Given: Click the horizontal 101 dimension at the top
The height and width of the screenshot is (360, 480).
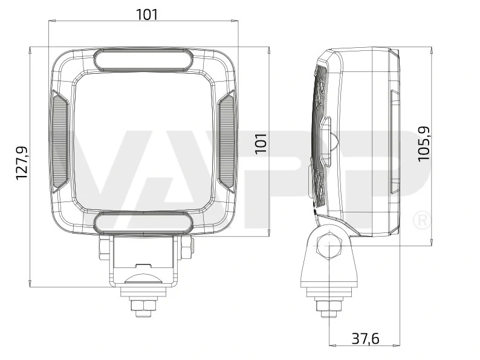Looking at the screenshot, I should tap(146, 14).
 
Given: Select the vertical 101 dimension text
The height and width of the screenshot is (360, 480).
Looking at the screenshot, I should tap(261, 143).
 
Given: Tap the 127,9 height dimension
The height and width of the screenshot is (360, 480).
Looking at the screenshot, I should tap(22, 162).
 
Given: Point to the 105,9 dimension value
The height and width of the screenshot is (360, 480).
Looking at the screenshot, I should tap(424, 143).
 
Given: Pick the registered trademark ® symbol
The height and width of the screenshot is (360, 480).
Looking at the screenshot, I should tap(421, 220).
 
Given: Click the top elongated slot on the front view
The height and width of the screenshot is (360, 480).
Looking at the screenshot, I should tap(143, 59).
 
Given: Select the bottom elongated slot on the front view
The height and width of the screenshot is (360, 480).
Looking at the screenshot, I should tap(143, 223).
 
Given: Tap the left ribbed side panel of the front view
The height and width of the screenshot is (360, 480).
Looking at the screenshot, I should tap(60, 141).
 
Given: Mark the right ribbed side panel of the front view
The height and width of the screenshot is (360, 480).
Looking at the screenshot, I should tap(225, 141).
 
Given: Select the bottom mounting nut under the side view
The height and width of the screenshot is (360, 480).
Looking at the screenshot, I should tap(329, 307).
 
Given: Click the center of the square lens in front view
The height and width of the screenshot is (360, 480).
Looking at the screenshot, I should tap(143, 141).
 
